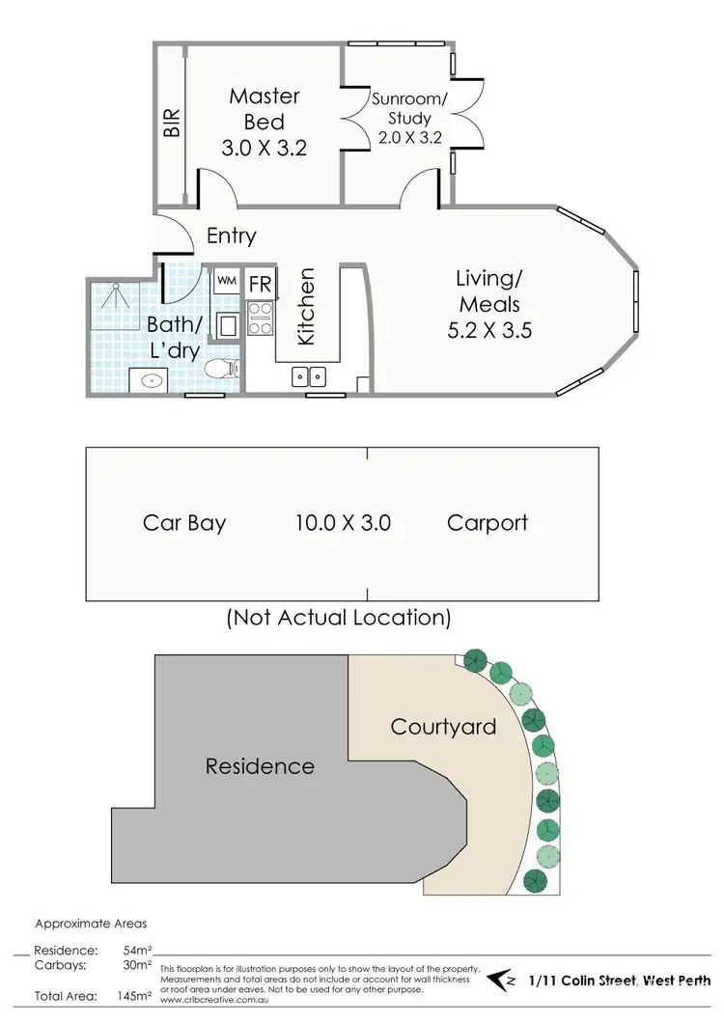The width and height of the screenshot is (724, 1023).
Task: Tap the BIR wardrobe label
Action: coord(172,123)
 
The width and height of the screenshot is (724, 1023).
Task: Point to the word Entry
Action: coord(232,235)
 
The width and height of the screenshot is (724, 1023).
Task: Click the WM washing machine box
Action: coord(226,281)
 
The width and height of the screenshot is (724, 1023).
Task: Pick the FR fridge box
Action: coord(261,285)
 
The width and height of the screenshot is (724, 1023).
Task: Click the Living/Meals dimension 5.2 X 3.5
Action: coord(488,330)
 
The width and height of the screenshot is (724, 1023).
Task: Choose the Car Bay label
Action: coord(184,523)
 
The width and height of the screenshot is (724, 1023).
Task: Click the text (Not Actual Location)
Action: coord(338,617)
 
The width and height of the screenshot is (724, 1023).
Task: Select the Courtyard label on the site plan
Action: coord(443,726)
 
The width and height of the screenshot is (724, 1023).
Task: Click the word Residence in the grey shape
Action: coord(260,766)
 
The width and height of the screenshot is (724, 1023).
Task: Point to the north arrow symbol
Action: coord(501,981)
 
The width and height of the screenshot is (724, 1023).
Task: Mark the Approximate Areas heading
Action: coord(91,924)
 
